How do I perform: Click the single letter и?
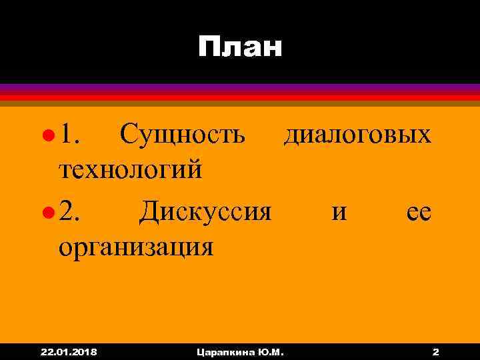339,213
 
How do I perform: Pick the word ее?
419,213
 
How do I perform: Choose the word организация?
136,247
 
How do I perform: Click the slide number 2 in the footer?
435,351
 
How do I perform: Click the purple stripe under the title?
240,87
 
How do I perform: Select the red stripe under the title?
240,97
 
